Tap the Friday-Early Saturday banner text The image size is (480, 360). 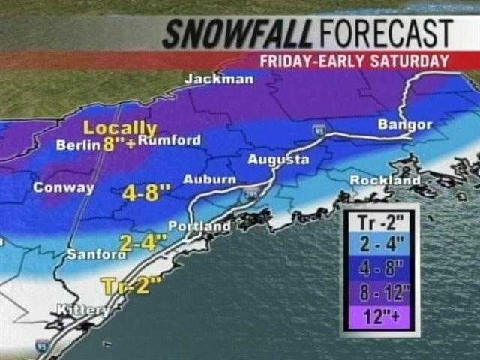coord(355,61)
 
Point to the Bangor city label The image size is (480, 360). coord(405,124)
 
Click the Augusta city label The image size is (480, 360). coord(278,160)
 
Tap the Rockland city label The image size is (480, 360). coord(385,181)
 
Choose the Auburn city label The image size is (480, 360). coord(209,179)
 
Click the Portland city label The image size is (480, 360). coord(199,226)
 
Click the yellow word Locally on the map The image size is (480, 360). coord(120,128)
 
